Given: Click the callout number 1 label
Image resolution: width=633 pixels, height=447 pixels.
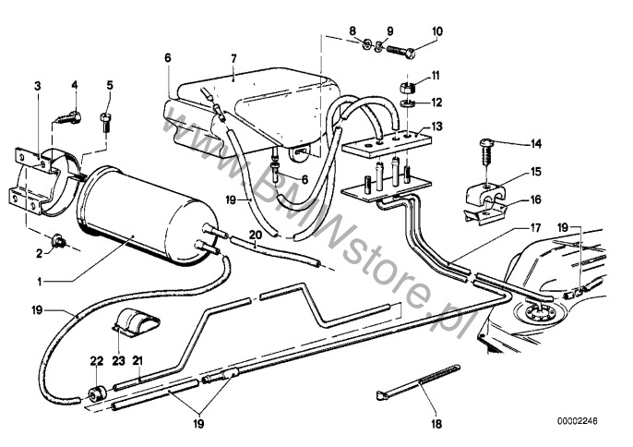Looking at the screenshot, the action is pyautogui.click(x=40, y=282).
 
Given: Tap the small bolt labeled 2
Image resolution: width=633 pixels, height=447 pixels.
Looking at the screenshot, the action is pyautogui.click(x=59, y=241).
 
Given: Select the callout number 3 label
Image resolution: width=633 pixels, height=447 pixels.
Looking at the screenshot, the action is pyautogui.click(x=38, y=86).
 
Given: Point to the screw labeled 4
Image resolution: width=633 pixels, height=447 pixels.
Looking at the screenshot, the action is pyautogui.click(x=68, y=117).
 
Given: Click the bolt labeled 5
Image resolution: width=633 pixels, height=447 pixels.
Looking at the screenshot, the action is pyautogui.click(x=105, y=121).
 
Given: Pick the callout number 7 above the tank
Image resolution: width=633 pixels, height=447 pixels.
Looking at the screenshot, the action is pyautogui.click(x=233, y=58).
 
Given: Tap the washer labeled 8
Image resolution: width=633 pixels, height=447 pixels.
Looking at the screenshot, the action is pyautogui.click(x=367, y=43).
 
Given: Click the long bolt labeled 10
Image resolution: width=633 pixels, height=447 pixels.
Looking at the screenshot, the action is pyautogui.click(x=400, y=52).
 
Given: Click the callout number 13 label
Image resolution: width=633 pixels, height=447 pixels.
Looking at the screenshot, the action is pyautogui.click(x=437, y=127).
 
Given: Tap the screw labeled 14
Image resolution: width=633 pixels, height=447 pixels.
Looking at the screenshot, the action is pyautogui.click(x=487, y=152).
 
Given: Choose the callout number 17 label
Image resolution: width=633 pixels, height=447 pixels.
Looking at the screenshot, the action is pyautogui.click(x=535, y=228).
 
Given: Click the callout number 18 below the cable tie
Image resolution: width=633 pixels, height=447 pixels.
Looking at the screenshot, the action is pyautogui.click(x=436, y=423).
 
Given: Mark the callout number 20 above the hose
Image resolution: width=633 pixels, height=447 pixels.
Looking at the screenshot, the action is pyautogui.click(x=256, y=235).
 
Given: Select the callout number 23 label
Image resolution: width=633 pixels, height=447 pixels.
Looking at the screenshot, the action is pyautogui.click(x=119, y=360).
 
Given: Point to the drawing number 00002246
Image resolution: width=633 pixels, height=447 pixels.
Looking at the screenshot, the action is pyautogui.click(x=578, y=421).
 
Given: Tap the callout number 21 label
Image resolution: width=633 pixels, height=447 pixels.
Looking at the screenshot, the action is pyautogui.click(x=137, y=360).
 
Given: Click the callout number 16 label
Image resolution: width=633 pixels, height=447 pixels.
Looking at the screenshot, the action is pyautogui.click(x=535, y=199).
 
